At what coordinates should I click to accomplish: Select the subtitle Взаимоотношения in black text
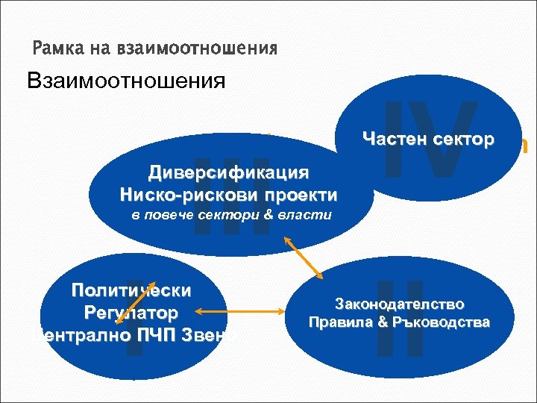[x=125, y=81]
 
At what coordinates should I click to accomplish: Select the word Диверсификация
[x=228, y=174]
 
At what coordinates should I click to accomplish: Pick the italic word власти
[x=309, y=215]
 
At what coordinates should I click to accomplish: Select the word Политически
[x=131, y=290]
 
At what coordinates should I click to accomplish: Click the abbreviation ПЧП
[x=160, y=333]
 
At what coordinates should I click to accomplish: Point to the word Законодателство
[x=400, y=304]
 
